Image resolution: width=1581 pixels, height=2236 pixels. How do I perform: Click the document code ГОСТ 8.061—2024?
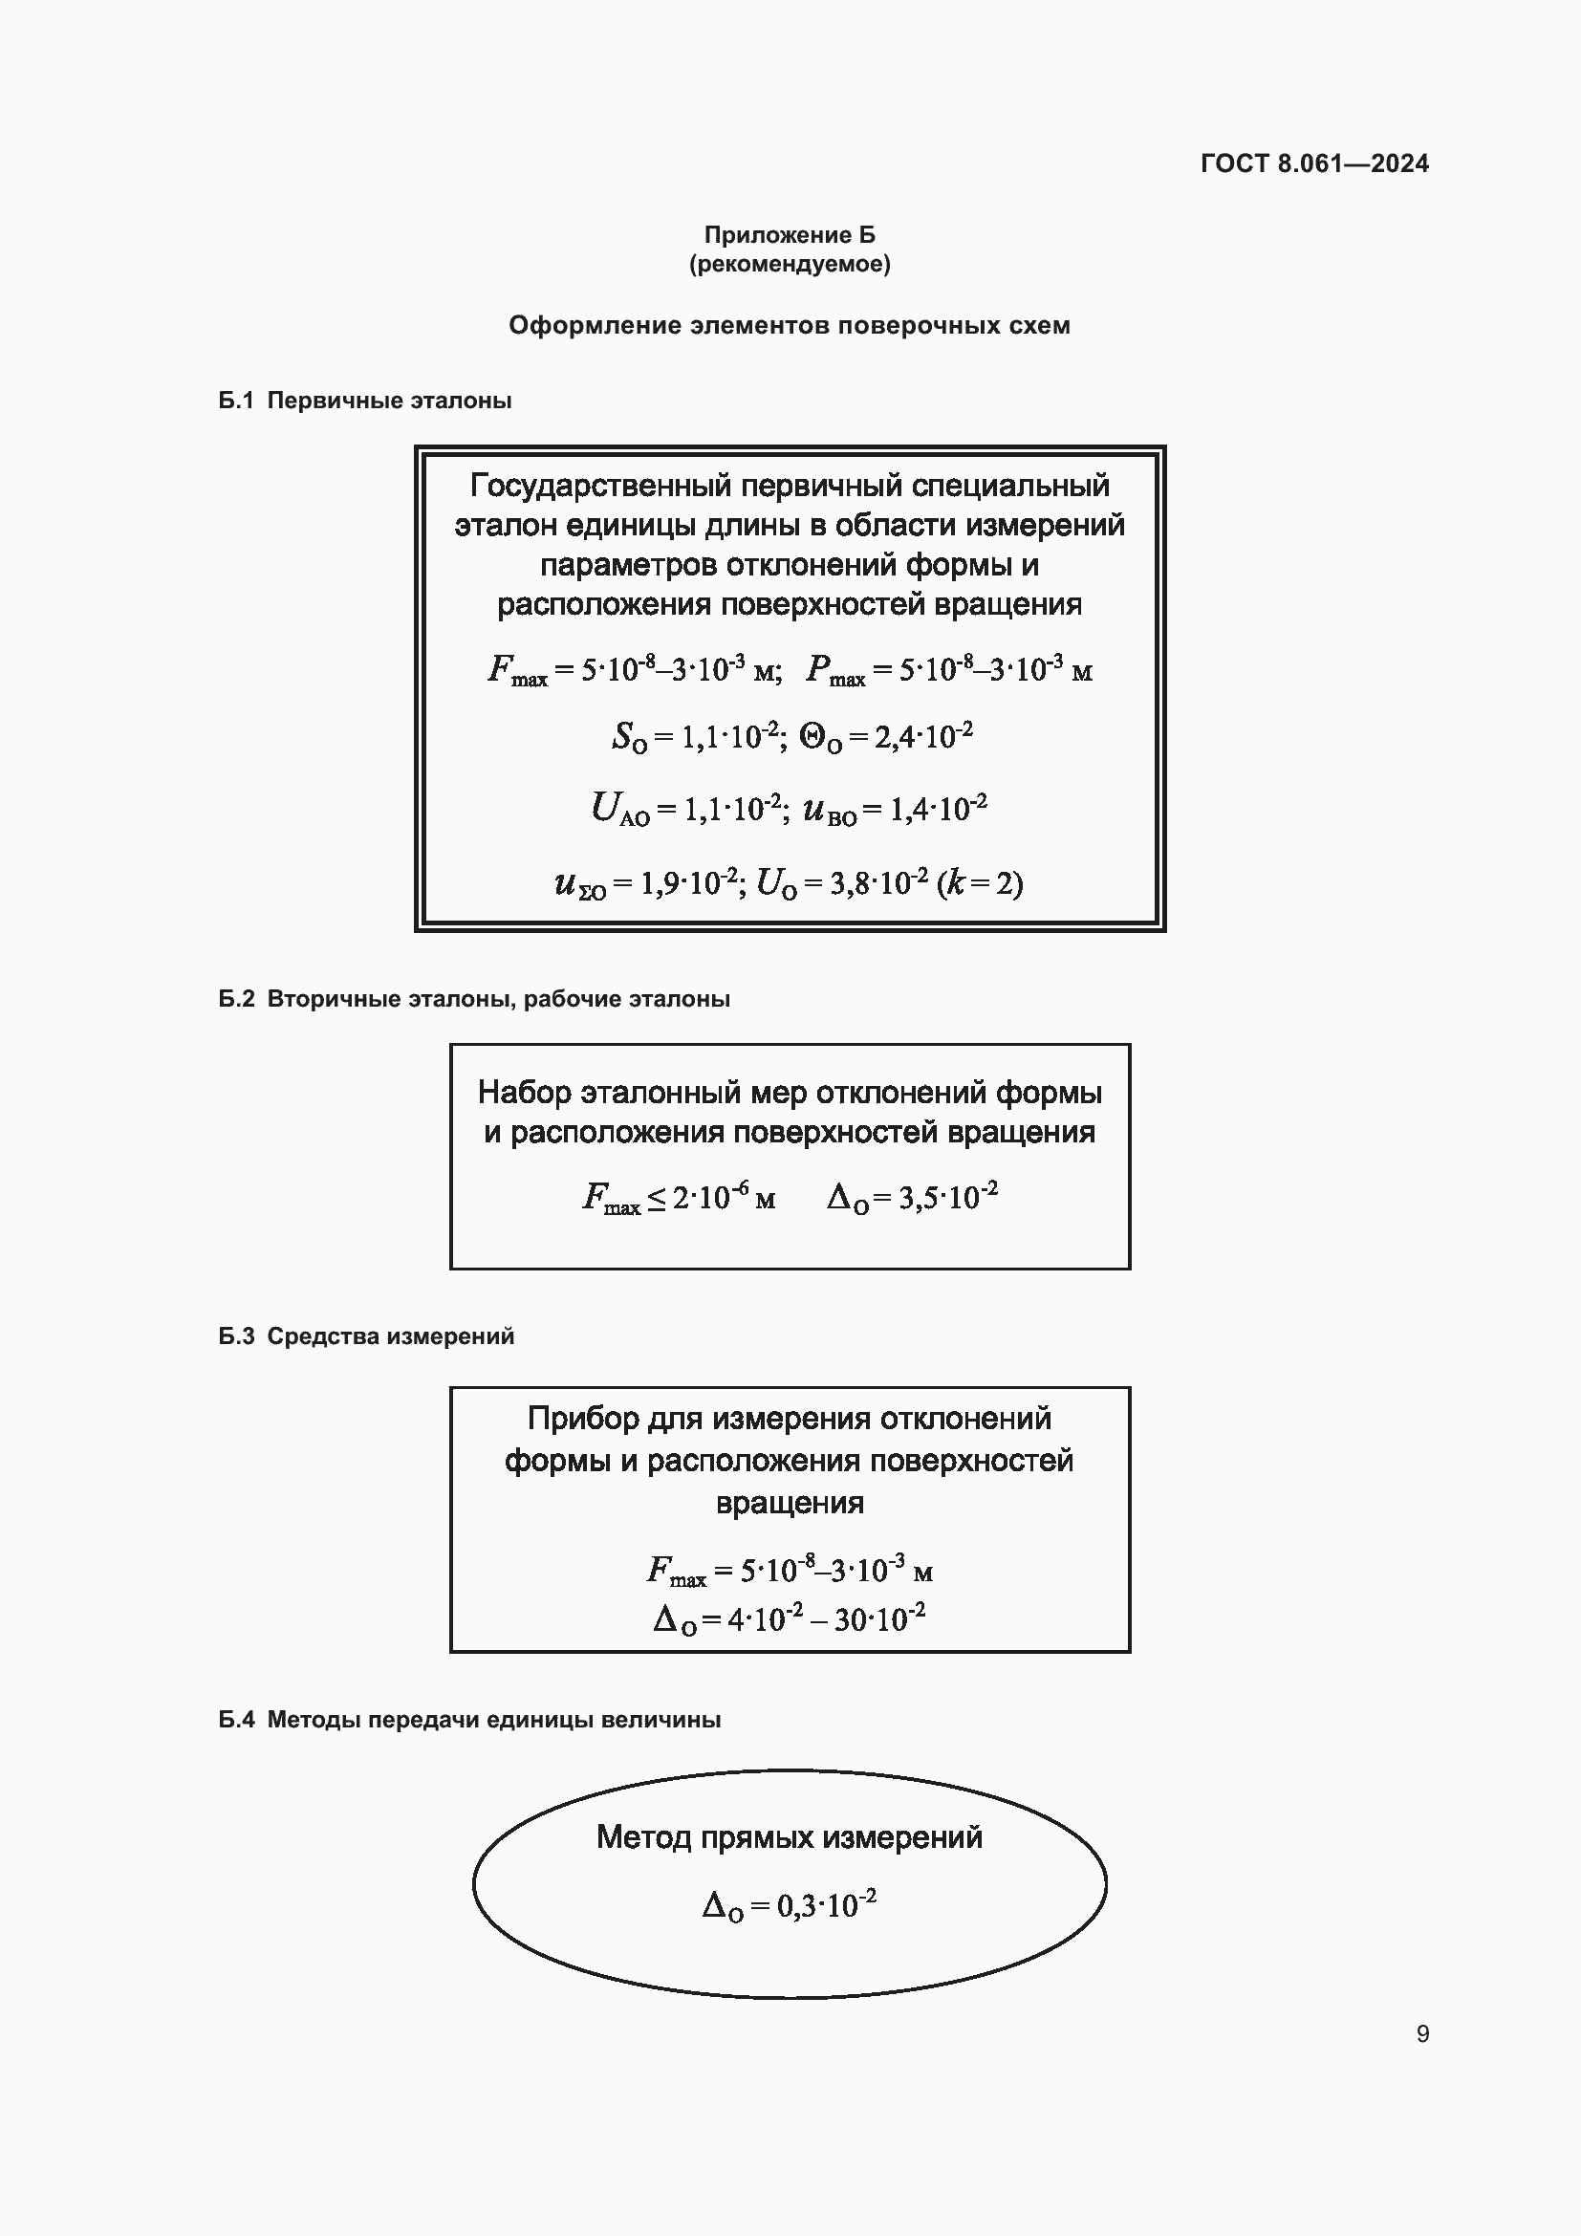(1314, 163)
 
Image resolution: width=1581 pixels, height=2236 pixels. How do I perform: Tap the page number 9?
(1422, 2033)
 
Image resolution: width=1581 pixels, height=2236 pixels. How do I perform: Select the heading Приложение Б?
(790, 235)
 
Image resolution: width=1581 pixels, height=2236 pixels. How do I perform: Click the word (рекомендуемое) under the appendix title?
(790, 264)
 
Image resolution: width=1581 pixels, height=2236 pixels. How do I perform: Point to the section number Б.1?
(235, 401)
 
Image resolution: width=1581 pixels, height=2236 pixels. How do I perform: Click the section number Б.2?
(235, 999)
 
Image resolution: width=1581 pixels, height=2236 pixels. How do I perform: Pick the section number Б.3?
(235, 1336)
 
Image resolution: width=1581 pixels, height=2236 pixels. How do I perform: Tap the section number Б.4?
(235, 1720)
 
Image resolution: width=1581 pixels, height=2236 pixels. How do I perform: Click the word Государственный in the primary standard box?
(599, 485)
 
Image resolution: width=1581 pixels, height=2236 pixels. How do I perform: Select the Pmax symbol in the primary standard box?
(835, 670)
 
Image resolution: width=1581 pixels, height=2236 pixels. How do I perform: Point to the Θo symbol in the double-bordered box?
(821, 738)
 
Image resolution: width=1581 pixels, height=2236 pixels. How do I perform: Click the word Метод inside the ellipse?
(643, 1837)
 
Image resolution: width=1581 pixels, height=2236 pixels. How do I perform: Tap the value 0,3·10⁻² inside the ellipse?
(826, 1904)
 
